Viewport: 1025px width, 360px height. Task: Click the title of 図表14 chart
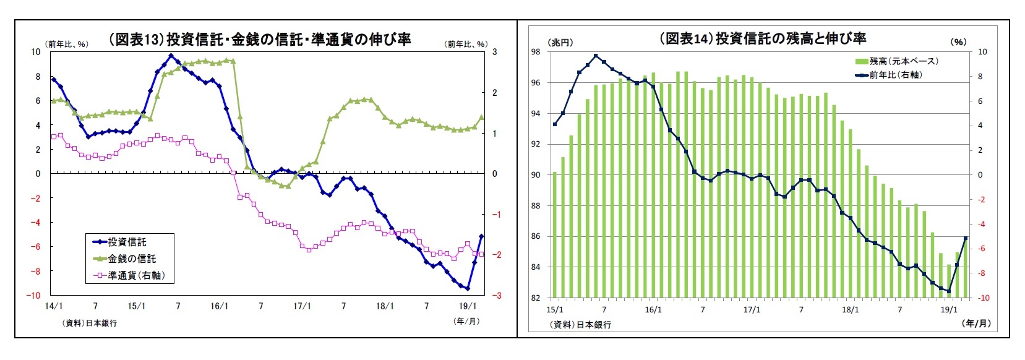pos(762,39)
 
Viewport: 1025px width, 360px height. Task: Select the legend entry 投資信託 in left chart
pos(127,242)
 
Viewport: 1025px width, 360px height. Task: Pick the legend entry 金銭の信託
pos(132,259)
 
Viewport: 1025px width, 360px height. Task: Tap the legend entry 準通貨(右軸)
pos(136,275)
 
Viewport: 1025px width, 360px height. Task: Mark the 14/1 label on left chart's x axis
pos(54,306)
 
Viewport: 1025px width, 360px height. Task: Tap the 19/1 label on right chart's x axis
pos(949,309)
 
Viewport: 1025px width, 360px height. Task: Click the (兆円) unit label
pos(560,42)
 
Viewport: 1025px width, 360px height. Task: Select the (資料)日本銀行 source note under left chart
pos(89,323)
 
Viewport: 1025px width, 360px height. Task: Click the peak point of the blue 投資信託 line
pos(171,56)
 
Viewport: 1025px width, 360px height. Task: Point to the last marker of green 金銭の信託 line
pos(481,118)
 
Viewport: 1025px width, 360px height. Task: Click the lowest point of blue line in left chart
pos(468,288)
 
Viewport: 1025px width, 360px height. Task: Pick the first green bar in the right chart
pos(555,235)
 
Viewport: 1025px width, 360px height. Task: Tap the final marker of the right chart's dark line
pos(966,238)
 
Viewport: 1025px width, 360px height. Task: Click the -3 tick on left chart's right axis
pos(496,296)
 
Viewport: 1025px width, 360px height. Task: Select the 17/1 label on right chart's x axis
pos(752,309)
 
